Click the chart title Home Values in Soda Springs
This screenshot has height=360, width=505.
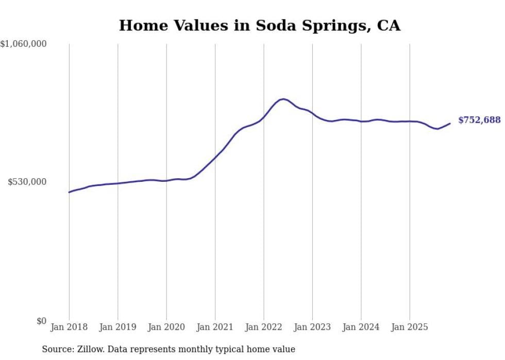coord(259,25)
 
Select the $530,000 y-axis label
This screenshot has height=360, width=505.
coord(27,182)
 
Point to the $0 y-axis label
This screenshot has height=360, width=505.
coord(41,321)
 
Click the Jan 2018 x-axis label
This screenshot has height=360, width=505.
coord(69,327)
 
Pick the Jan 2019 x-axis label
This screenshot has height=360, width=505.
coord(117,327)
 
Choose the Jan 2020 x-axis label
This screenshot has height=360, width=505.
coord(166,327)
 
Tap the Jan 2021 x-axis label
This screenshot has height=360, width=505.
coord(215,327)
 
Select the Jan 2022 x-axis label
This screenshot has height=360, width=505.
coord(264,327)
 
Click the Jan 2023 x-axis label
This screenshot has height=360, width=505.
coord(312,327)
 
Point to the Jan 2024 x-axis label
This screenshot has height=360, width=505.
coord(361,327)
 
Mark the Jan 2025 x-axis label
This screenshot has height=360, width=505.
coord(410,327)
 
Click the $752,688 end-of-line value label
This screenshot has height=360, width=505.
coord(479,120)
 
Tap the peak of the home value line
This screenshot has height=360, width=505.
coord(283,99)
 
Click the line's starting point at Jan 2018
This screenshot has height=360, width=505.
coord(69,192)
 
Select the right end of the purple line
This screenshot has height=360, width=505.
coord(450,123)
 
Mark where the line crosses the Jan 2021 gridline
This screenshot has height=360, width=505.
coord(215,157)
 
